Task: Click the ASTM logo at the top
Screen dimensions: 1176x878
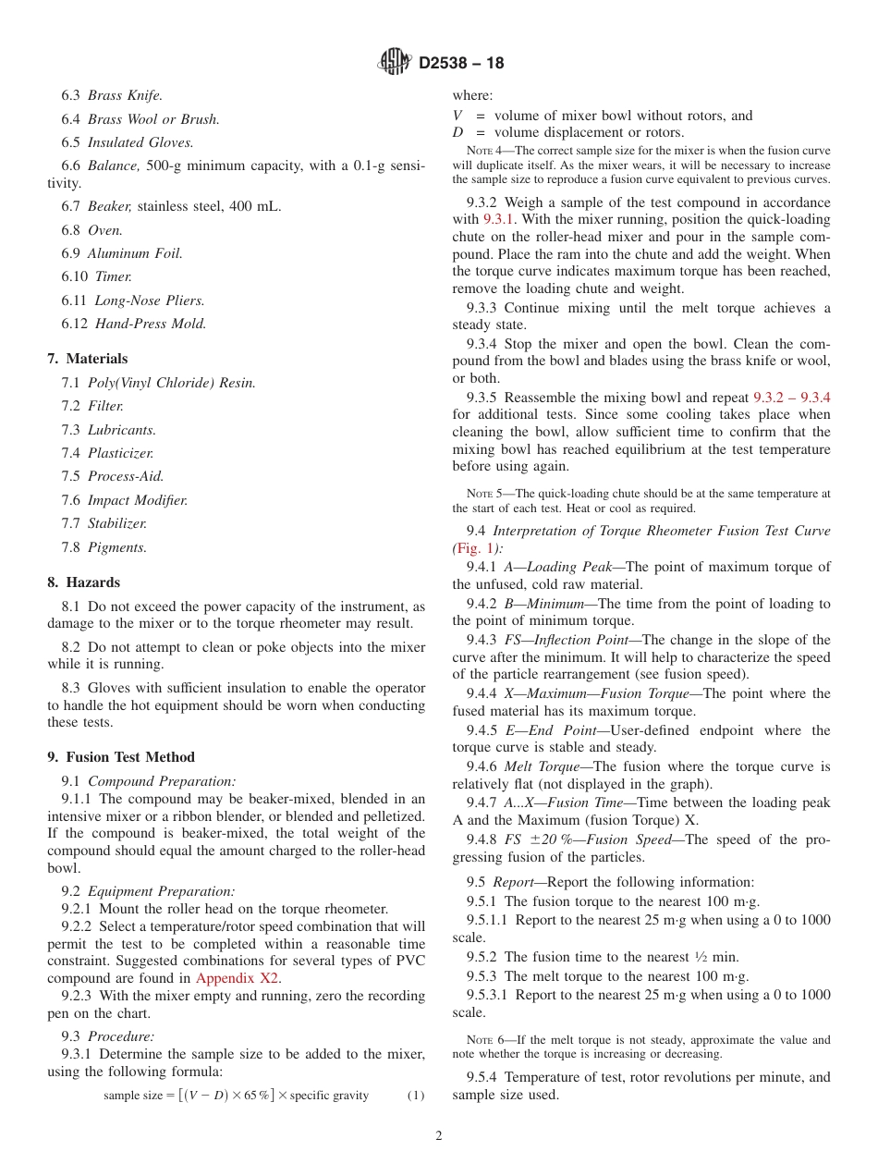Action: (x=394, y=63)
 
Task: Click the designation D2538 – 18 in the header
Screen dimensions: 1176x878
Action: (x=461, y=64)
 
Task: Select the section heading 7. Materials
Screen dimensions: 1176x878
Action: (x=88, y=359)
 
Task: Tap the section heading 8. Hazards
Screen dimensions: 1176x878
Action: (x=83, y=582)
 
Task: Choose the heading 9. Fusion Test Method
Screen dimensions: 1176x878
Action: (x=121, y=757)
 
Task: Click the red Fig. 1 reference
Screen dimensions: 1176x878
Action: (x=475, y=547)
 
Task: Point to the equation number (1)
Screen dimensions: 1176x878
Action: (x=416, y=1096)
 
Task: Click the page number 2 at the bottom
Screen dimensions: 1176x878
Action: (x=439, y=1136)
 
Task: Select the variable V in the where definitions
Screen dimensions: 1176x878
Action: (x=457, y=116)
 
